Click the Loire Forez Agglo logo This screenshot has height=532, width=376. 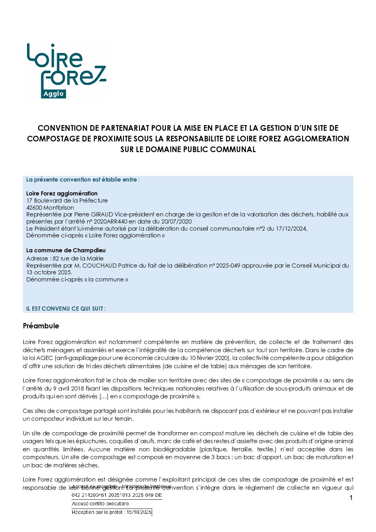pyautogui.click(x=66, y=71)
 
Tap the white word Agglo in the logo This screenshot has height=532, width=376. pyautogui.click(x=53, y=94)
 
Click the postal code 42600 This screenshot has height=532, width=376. pyautogui.click(x=34, y=208)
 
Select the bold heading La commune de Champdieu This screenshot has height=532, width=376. pyautogui.click(x=66, y=250)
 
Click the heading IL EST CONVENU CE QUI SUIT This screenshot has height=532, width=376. pyautogui.click(x=65, y=308)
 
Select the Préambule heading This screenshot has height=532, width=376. pyautogui.click(x=41, y=326)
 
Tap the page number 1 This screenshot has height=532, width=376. pyautogui.click(x=351, y=498)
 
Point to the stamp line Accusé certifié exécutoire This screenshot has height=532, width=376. pyautogui.click(x=100, y=504)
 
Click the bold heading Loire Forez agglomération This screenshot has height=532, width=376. pyautogui.click(x=62, y=193)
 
